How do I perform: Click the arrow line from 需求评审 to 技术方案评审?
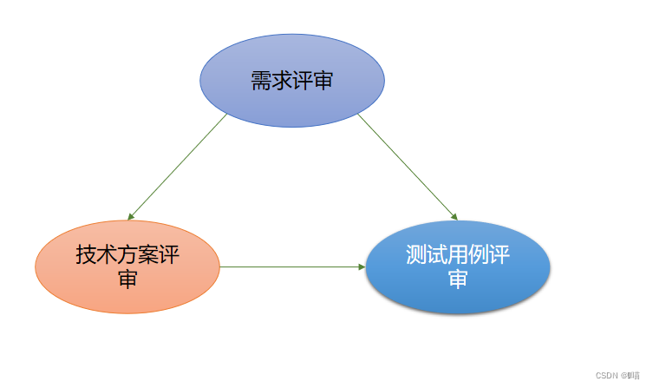(178, 166)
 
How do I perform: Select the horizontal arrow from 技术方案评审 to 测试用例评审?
(291, 266)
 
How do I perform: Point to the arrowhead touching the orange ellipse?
(130, 216)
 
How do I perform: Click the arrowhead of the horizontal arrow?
(362, 266)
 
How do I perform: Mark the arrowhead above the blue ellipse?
(454, 216)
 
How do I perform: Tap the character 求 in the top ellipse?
(282, 82)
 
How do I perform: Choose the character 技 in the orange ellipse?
(86, 255)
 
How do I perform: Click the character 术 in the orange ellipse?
(107, 255)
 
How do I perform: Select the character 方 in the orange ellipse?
(127, 255)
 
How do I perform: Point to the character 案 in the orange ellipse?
(148, 255)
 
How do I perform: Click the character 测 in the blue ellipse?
(416, 255)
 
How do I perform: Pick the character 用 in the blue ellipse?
(458, 255)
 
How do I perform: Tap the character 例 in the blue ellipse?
(479, 255)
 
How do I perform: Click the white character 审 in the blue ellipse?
(458, 279)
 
